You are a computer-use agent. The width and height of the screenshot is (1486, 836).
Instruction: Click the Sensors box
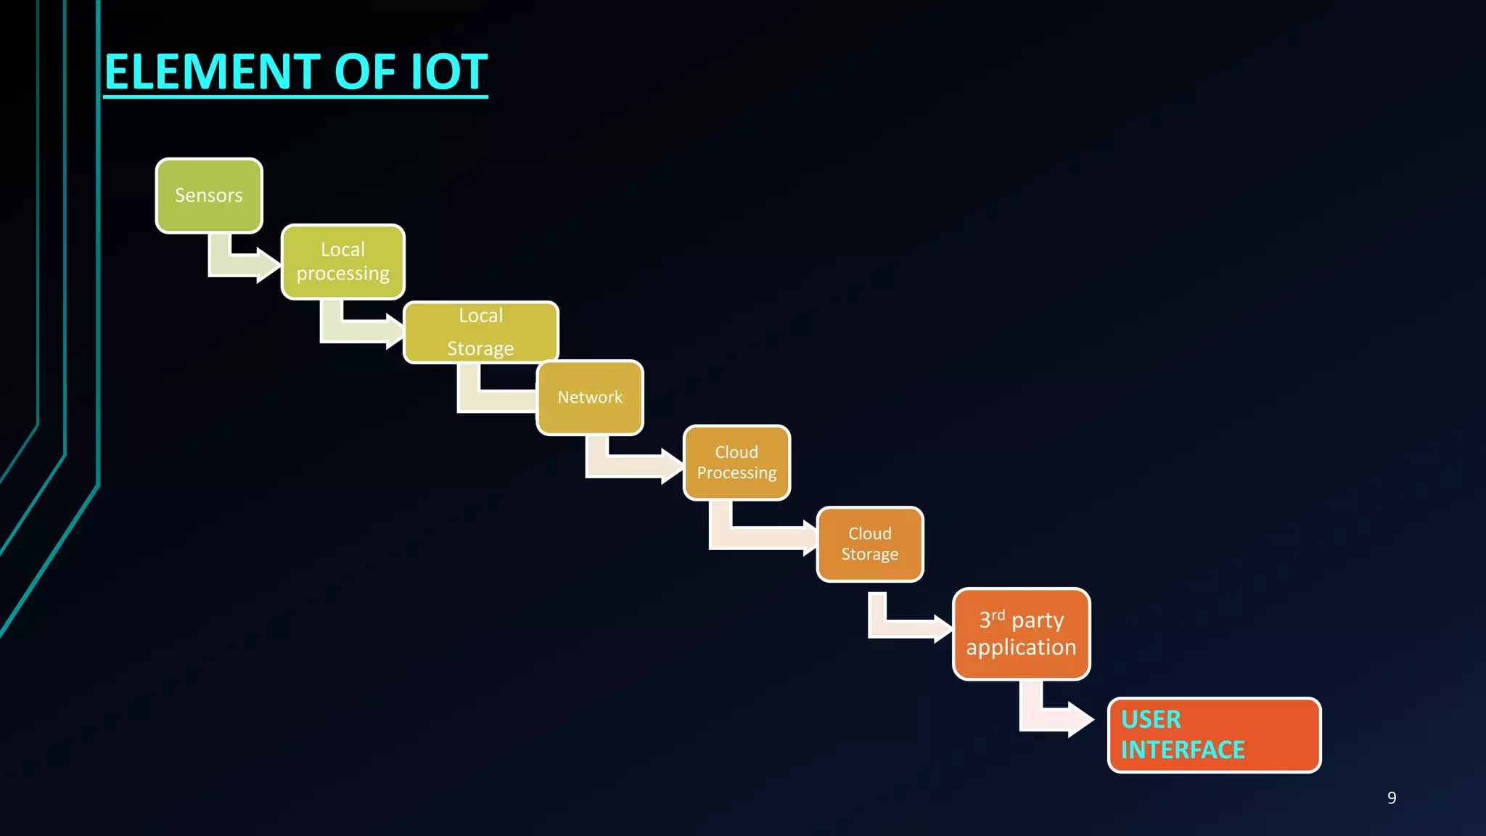(209, 196)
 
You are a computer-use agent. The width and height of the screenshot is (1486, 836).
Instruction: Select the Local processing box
(342, 262)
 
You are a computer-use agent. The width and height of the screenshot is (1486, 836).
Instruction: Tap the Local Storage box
(480, 332)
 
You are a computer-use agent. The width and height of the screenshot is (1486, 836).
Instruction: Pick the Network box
(589, 398)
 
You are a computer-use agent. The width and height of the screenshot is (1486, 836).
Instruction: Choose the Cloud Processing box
(736, 463)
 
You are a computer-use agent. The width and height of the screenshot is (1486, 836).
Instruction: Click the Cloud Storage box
(869, 544)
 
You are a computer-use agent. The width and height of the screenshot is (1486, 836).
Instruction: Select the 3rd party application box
(1021, 634)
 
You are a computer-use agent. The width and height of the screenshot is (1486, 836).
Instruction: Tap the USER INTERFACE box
(1214, 735)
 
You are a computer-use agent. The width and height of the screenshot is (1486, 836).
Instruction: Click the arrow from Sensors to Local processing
(239, 265)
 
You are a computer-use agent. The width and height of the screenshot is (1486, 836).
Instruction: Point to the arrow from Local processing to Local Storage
(356, 331)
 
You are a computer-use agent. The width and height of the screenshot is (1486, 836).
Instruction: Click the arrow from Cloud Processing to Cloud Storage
(755, 538)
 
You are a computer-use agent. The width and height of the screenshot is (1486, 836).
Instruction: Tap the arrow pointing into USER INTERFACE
(1052, 719)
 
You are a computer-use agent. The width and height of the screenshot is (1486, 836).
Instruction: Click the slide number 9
(1391, 798)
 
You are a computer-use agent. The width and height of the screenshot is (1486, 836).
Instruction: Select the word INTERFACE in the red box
(1183, 750)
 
